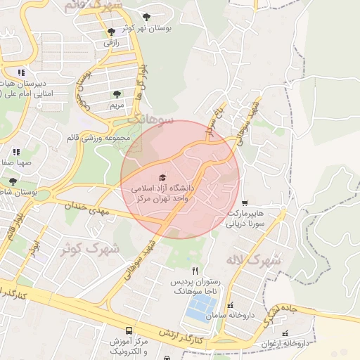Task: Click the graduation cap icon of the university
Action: click(x=163, y=178)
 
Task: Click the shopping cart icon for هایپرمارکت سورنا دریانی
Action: click(x=244, y=202)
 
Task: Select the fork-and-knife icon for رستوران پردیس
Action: click(x=195, y=271)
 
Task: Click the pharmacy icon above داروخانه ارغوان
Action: click(x=285, y=333)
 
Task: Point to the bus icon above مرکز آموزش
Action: click(x=128, y=330)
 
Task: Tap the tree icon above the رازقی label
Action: click(x=111, y=32)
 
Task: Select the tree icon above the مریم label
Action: click(x=116, y=94)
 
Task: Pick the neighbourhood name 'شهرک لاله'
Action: click(x=252, y=259)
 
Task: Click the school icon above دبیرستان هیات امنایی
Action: click(x=22, y=72)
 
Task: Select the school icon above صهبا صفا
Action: click(x=15, y=151)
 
